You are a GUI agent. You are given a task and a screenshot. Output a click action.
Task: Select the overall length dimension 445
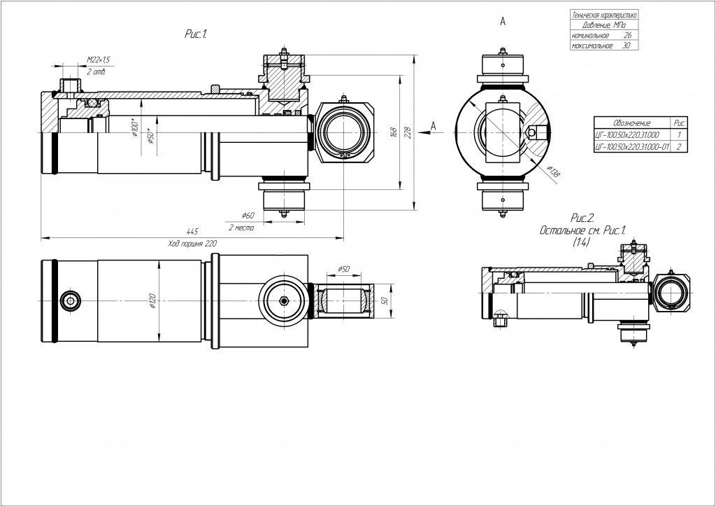192,231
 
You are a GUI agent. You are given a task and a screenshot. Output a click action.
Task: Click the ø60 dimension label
248,215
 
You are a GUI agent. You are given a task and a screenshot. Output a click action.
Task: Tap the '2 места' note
241,228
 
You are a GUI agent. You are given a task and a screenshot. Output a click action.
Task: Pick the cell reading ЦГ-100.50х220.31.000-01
631,147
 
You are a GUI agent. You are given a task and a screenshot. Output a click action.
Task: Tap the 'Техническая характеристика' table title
604,14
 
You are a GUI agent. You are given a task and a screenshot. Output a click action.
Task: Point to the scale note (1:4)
581,242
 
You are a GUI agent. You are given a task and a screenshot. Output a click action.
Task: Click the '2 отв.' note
95,72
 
